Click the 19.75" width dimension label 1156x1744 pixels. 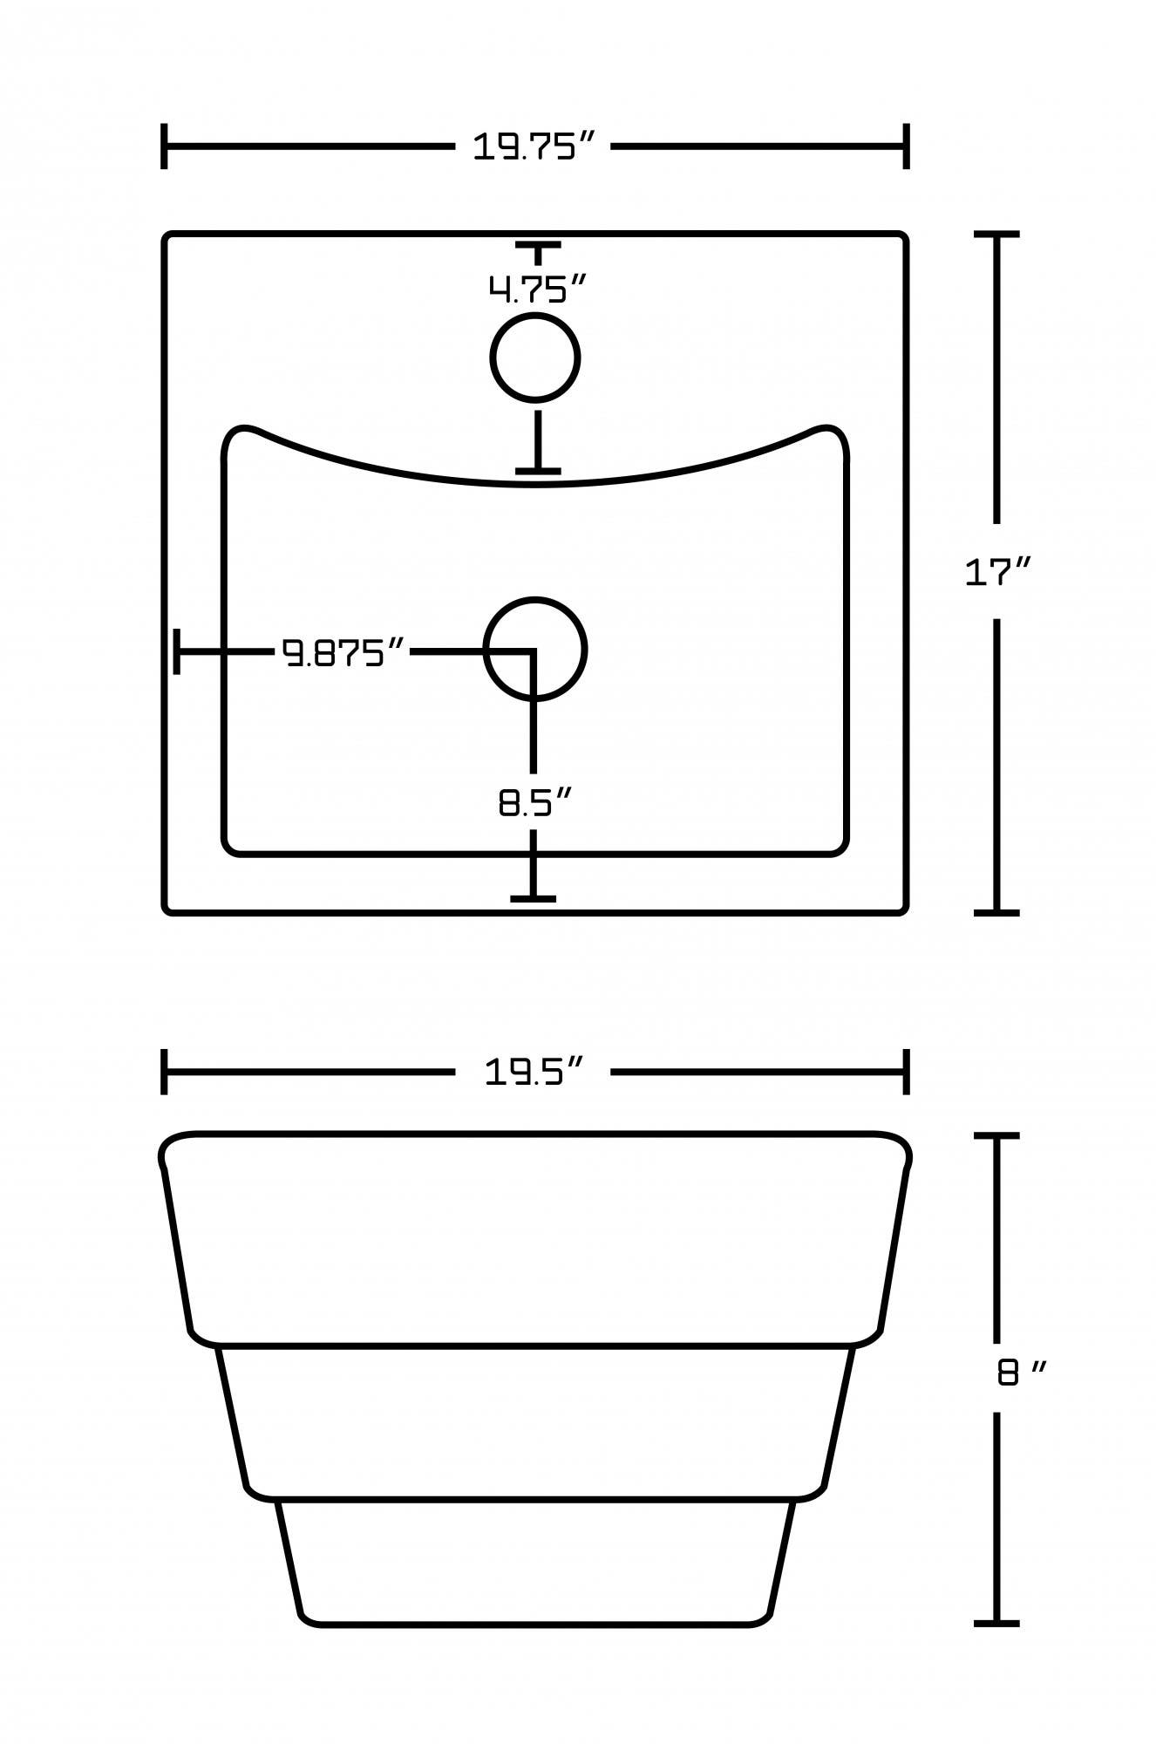[x=534, y=146]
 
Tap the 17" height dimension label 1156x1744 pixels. [x=997, y=573]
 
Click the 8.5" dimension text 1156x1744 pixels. [x=534, y=803]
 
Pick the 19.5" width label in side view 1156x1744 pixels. [x=533, y=1072]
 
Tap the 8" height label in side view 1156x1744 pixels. [x=1020, y=1374]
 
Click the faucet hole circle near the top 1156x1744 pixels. [x=534, y=358]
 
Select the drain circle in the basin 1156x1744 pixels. [x=535, y=649]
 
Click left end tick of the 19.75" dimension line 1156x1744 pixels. [x=164, y=146]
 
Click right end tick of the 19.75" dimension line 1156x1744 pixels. [x=907, y=146]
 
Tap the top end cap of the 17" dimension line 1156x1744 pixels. [x=996, y=235]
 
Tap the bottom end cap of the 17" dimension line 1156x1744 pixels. [x=996, y=912]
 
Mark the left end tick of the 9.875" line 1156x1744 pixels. [x=177, y=651]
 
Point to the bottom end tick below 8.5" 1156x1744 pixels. [x=534, y=897]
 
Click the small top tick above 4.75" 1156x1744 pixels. [x=537, y=248]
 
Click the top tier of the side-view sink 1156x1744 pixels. [x=535, y=1238]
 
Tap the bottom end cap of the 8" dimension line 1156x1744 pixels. [x=996, y=1623]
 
